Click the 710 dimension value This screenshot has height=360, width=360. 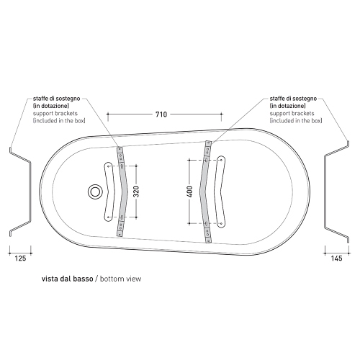click(x=161, y=114)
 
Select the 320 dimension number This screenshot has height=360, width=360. click(x=136, y=192)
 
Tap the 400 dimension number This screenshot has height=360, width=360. click(x=190, y=192)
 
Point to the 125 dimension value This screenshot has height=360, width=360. click(x=20, y=258)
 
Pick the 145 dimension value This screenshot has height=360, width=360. click(x=337, y=258)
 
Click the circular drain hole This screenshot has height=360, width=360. click(x=95, y=192)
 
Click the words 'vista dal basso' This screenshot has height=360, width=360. click(x=67, y=279)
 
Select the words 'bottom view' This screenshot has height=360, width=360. click(x=120, y=279)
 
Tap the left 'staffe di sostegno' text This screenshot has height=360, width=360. click(x=56, y=99)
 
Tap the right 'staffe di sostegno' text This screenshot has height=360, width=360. click(x=293, y=99)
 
